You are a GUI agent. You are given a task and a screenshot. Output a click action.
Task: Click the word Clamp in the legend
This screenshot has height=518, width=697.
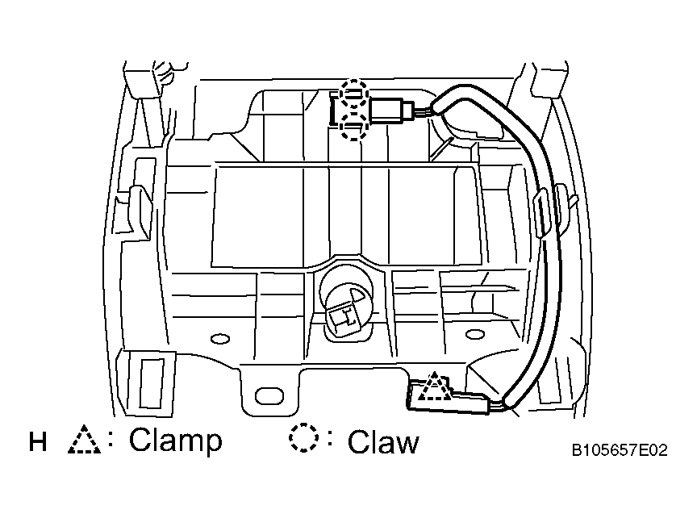pos(175,441)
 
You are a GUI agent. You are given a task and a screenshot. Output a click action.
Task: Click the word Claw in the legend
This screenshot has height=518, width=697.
pos(383,442)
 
